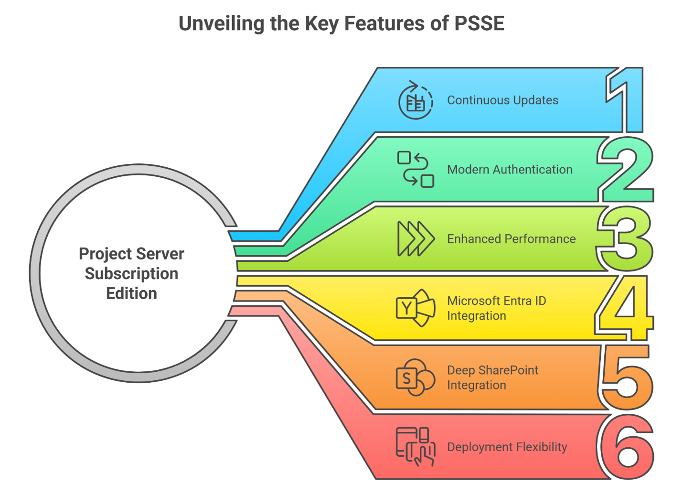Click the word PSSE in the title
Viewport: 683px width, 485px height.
(479, 23)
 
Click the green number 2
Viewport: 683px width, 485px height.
(626, 170)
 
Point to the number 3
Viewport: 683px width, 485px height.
(626, 238)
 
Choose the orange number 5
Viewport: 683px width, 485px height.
(626, 377)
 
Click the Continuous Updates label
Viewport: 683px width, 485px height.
(502, 100)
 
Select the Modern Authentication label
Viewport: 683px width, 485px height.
(510, 170)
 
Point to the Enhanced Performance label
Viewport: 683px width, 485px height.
(511, 239)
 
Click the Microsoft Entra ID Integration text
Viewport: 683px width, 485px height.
(496, 308)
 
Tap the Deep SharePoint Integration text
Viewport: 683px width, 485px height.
(492, 377)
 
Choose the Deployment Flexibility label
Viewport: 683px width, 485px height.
(507, 447)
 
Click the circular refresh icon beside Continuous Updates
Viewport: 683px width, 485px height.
(416, 100)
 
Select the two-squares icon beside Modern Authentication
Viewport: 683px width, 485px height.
(416, 169)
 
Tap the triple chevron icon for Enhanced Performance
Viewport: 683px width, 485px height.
(416, 238)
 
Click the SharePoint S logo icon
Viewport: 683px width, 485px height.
(416, 377)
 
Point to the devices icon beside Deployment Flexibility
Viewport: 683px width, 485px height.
(416, 447)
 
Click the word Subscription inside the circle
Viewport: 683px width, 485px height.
(131, 274)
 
